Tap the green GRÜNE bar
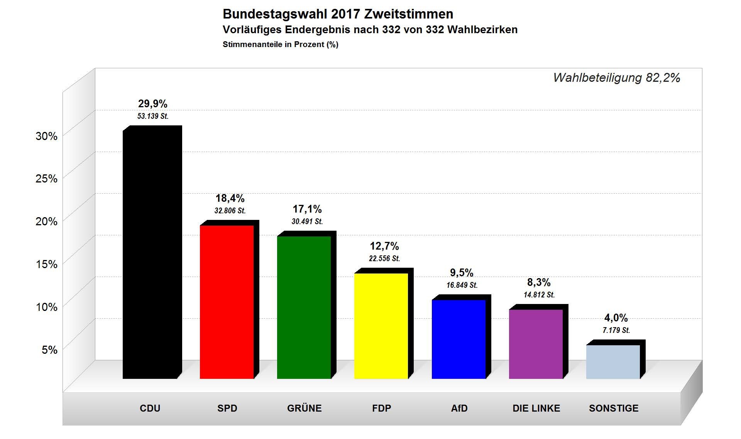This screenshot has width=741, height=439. [304, 307]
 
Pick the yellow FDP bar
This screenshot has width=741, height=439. [381, 326]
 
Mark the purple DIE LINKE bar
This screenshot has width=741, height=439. [536, 344]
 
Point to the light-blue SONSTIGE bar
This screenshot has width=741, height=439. [613, 361]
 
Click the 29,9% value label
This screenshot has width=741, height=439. [153, 104]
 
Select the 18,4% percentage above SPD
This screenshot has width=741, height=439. [230, 198]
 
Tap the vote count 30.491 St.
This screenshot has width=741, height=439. [307, 221]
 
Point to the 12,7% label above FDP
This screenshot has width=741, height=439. [384, 246]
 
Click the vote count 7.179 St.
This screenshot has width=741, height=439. [616, 330]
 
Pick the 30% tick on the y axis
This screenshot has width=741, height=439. [46, 136]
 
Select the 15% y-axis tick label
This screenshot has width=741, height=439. [46, 264]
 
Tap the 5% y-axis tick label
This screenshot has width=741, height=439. [49, 350]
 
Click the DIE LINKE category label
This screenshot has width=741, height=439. [536, 408]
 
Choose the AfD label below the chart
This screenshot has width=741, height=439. [459, 408]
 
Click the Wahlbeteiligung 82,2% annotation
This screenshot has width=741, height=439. [616, 78]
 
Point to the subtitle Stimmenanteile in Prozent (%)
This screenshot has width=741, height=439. [281, 44]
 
